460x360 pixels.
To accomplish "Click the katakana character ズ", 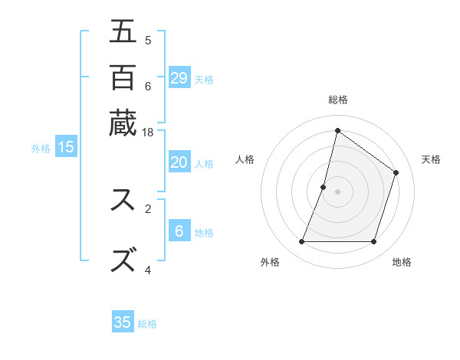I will (123, 260).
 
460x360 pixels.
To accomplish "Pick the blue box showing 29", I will (179, 77).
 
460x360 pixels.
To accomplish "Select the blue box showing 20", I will (179, 162).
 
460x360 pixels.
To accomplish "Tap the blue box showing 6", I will (179, 231).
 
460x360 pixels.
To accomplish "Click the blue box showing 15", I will (66, 147).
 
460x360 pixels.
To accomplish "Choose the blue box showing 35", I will (123, 322).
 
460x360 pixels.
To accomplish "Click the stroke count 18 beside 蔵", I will (148, 133).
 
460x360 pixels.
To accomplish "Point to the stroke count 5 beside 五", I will (148, 40).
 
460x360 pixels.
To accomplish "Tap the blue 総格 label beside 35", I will (147, 324).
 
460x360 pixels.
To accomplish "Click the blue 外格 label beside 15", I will (41, 149).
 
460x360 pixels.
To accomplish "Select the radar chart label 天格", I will (431, 160).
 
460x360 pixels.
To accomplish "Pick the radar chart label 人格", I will (245, 160).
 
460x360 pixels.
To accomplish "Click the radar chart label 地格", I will (402, 262).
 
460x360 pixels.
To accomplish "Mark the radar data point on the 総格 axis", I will (337, 131).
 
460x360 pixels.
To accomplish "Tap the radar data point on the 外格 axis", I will (302, 242).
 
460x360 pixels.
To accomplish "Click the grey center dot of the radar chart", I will (337, 191).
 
